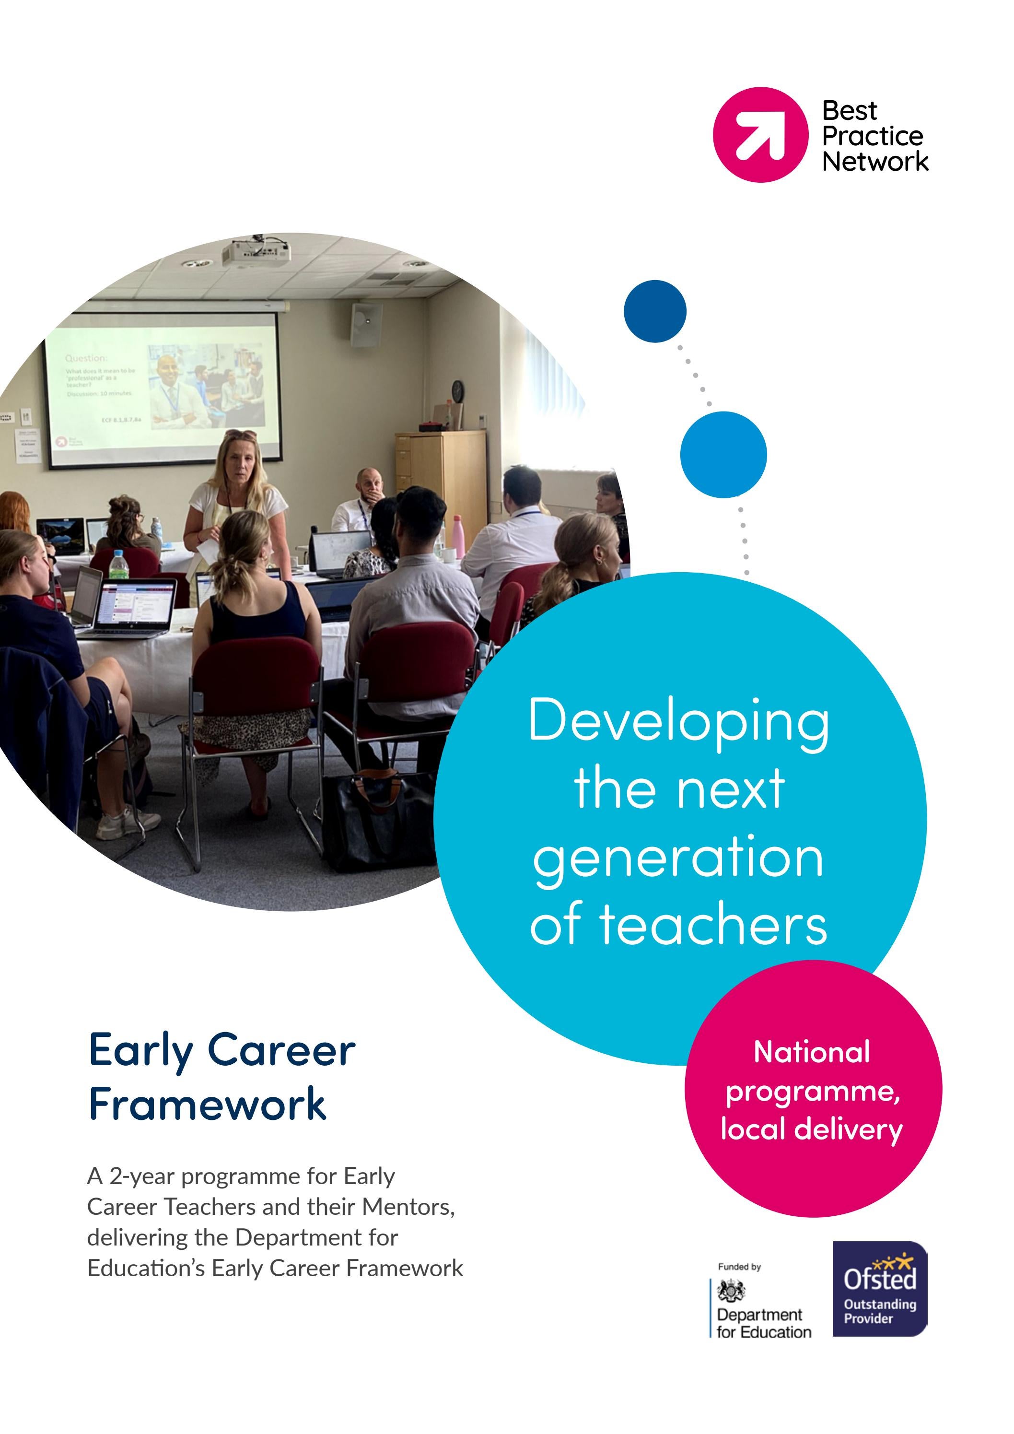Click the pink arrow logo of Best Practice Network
coord(760,134)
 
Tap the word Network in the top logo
coord(875,162)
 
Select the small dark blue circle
coord(654,311)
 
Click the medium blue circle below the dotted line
coord(723,454)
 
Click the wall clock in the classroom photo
coord(458,390)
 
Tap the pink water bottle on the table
coord(458,536)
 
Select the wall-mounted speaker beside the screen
coord(366,325)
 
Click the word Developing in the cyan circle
coord(679,721)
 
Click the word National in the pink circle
coord(812,1052)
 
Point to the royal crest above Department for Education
coord(731,1289)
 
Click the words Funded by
coord(739,1267)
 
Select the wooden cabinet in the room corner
coord(441,475)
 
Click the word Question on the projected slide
coord(86,358)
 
